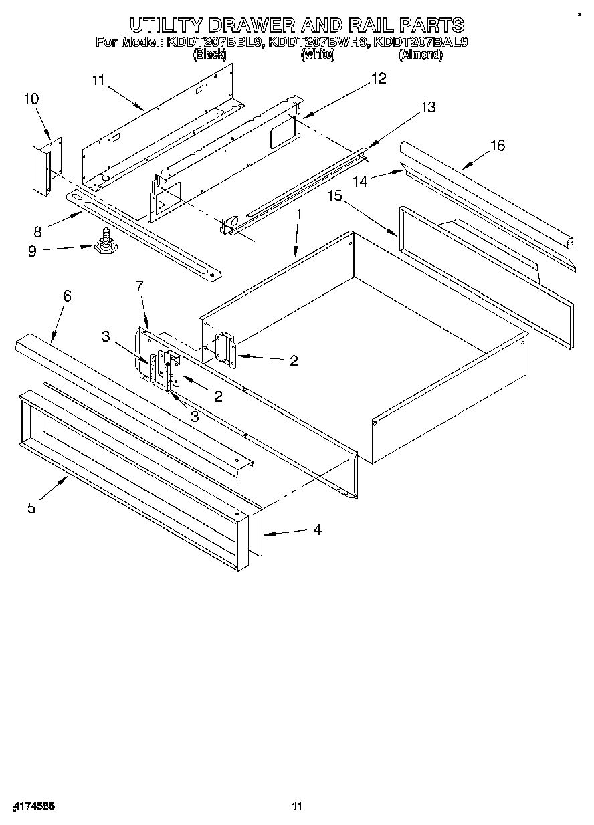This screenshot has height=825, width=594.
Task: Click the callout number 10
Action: coord(31,99)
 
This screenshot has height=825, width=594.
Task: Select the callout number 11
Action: coord(99,80)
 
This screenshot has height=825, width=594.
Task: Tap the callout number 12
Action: coord(379,79)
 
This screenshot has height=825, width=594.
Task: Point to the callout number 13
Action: coord(427,107)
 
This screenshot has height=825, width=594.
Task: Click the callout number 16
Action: coord(497,146)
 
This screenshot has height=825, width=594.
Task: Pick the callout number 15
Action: coord(335,196)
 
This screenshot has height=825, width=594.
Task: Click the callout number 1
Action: coord(299,215)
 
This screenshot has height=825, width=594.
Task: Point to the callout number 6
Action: coord(67,296)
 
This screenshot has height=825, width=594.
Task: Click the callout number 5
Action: coord(31,508)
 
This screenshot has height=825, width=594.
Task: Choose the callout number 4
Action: coord(317,529)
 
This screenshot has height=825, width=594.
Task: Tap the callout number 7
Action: coord(139,287)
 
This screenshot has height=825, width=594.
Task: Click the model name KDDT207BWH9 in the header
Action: coord(318,42)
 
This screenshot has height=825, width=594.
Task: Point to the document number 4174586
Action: coord(33,806)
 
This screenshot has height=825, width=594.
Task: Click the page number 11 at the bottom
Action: coord(297,806)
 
